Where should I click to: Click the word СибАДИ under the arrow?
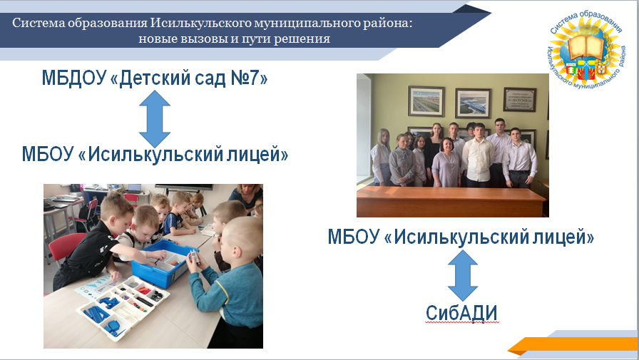[461, 313]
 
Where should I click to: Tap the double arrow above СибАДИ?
[463, 275]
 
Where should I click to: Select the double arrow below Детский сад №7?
[155, 118]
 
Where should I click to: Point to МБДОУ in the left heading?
[73, 78]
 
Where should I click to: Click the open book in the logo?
[586, 46]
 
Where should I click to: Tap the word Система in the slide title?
[39, 23]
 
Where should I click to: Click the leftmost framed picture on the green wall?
[426, 101]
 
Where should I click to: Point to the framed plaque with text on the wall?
[520, 99]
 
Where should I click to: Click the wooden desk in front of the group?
[451, 202]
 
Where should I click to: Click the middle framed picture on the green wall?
[473, 103]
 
